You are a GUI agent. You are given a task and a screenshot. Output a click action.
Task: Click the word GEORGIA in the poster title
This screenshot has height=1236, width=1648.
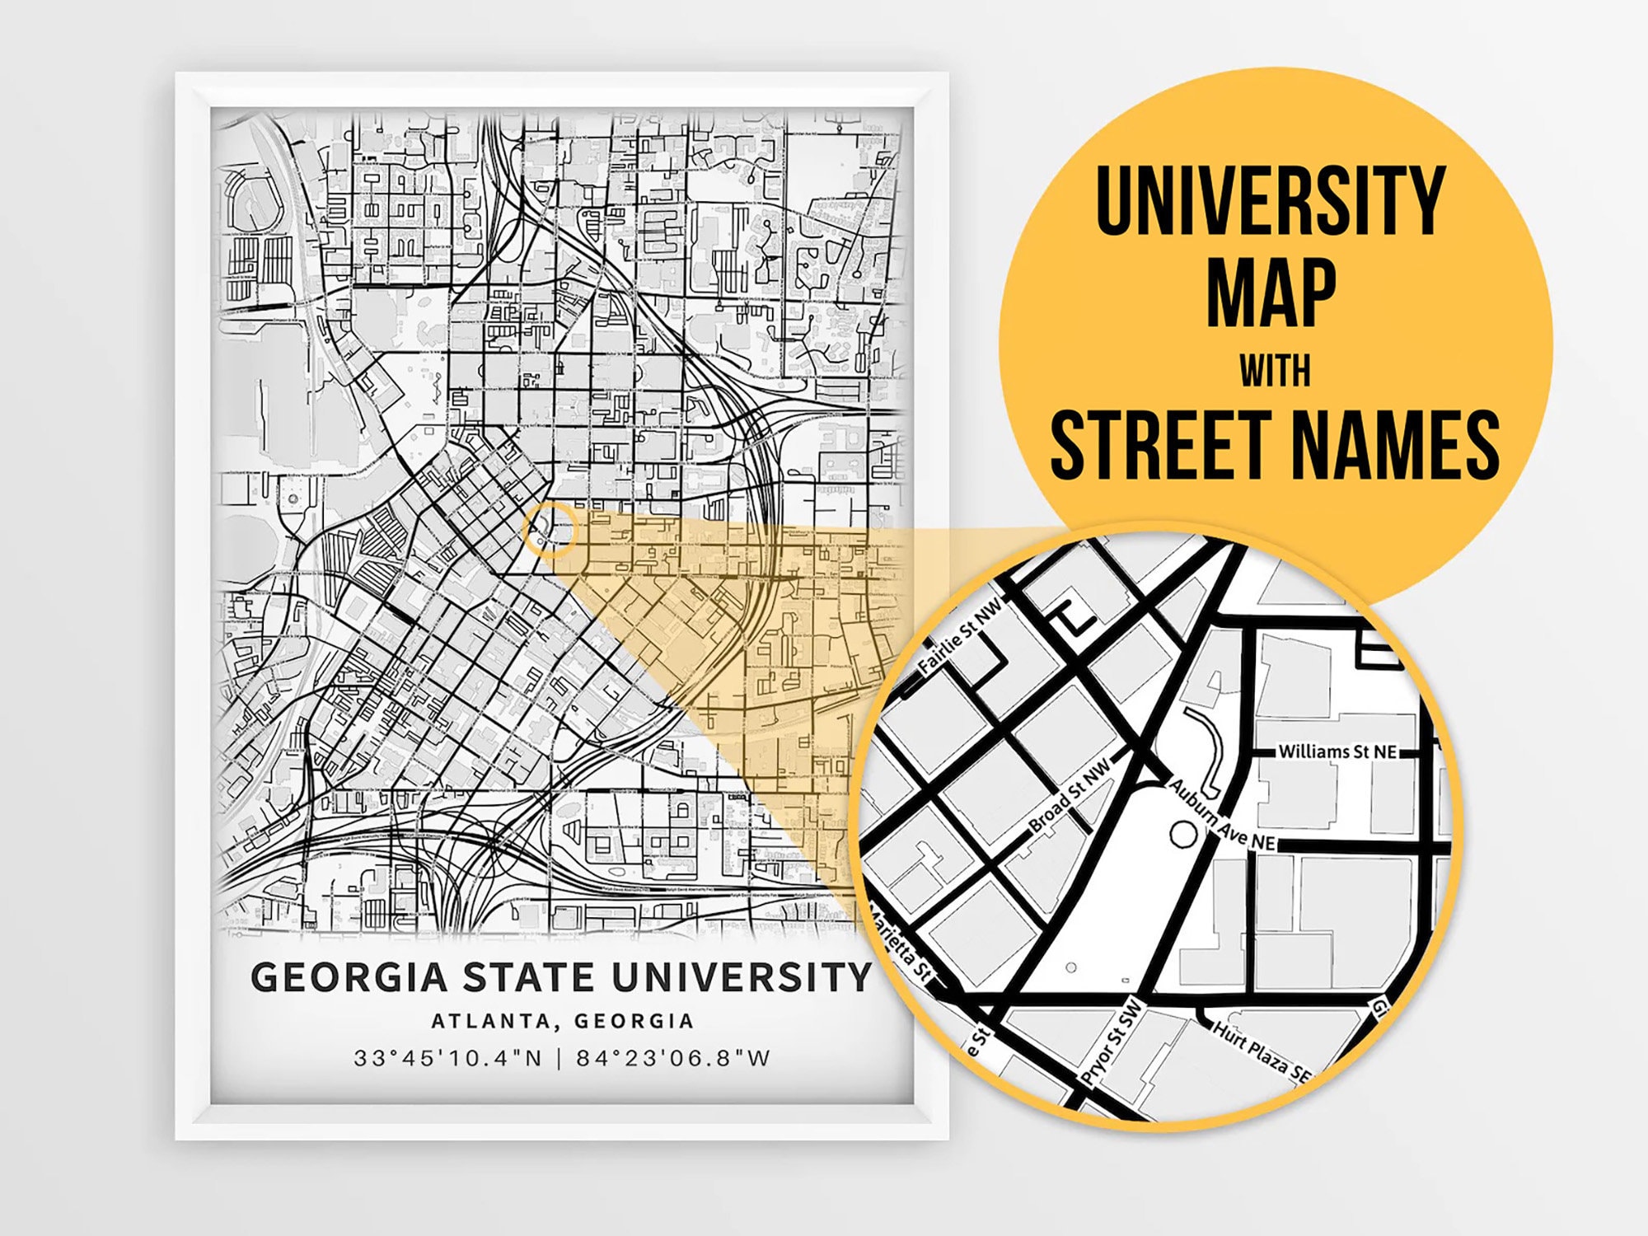click(349, 977)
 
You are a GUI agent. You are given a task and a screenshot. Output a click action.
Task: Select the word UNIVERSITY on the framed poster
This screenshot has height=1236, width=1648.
click(742, 977)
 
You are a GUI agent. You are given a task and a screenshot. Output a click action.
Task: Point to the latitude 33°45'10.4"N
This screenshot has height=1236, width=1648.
click(448, 1058)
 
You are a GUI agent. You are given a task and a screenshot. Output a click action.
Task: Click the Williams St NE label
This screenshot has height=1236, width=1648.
click(1337, 751)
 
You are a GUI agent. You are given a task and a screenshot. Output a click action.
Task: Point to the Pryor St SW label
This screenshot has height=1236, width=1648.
click(1112, 1042)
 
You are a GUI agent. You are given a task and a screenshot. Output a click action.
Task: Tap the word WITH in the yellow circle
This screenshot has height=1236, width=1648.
click(1275, 371)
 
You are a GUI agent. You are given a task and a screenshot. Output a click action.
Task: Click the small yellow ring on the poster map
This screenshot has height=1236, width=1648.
click(550, 529)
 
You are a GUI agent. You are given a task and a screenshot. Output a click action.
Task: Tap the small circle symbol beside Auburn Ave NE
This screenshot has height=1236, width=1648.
click(1183, 835)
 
